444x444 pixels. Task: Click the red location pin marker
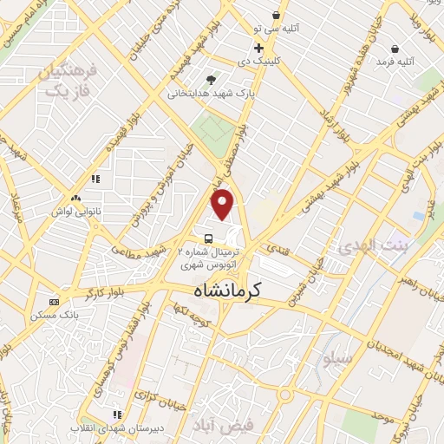coord(224,204)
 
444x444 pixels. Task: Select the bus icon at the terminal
coord(208,238)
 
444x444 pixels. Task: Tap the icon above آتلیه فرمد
coord(395,49)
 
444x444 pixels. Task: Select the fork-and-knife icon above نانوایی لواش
coord(95,180)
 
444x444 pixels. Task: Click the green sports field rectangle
coord(213,130)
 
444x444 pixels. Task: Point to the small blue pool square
coord(420,214)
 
